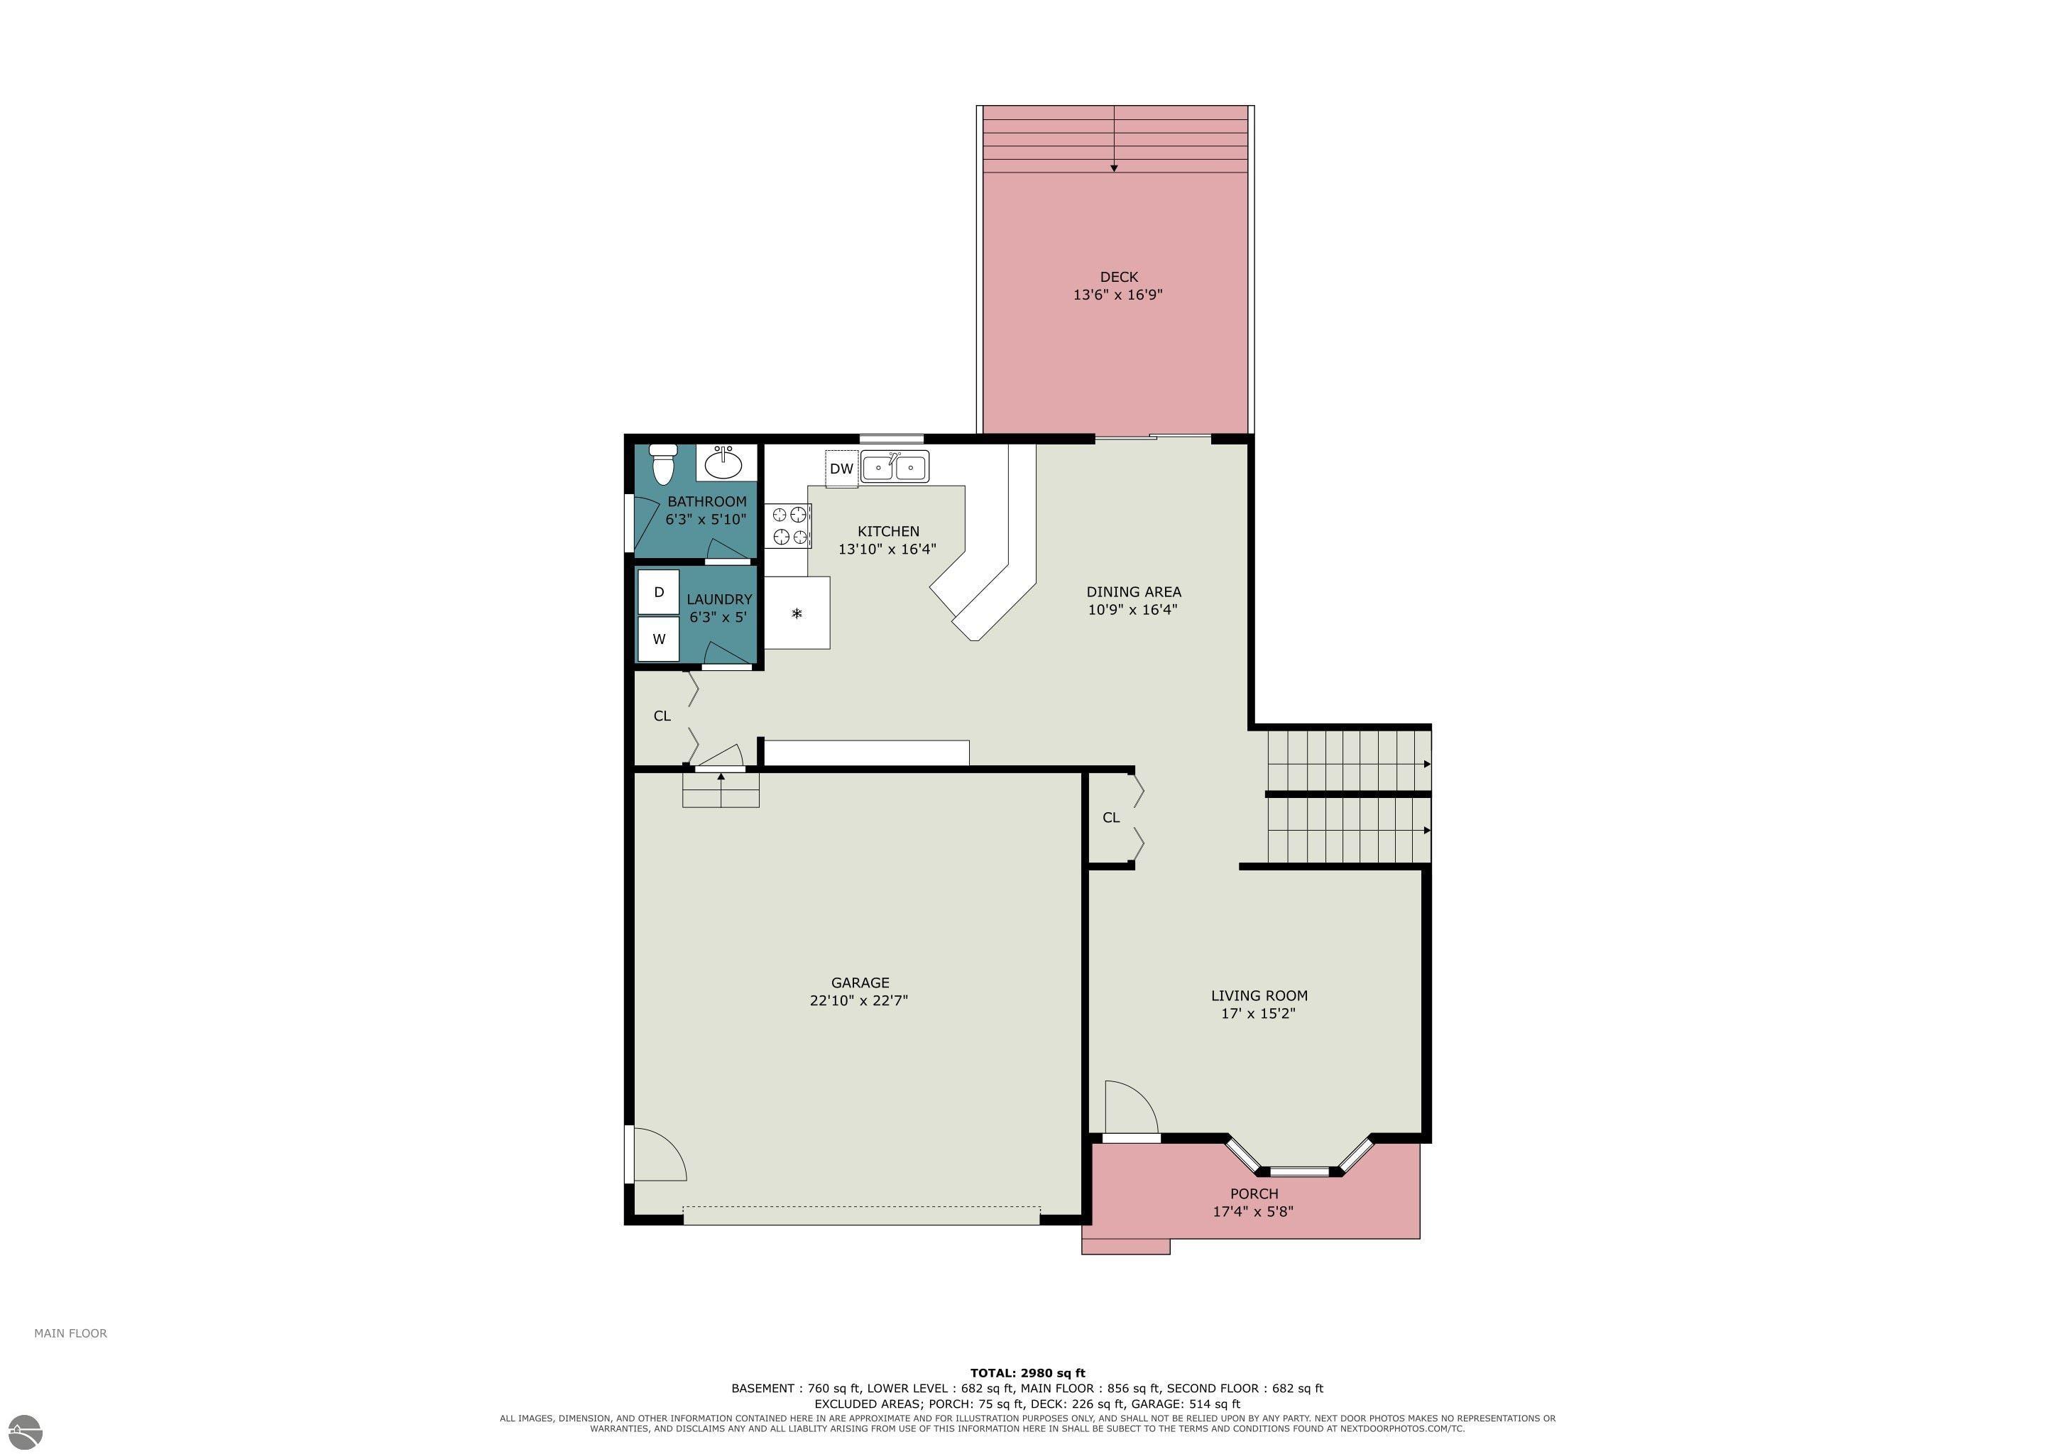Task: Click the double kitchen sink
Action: [895, 466]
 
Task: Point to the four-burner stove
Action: [788, 525]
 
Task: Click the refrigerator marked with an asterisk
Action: [797, 613]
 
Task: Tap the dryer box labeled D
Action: [658, 592]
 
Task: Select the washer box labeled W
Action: [658, 639]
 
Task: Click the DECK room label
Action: [1118, 277]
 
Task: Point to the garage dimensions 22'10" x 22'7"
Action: [859, 1001]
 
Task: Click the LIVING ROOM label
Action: [1259, 995]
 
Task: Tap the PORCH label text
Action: [1254, 1193]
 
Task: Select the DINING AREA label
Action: [1134, 592]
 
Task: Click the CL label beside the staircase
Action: [1111, 817]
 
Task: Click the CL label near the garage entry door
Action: [662, 716]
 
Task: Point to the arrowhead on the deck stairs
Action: [1114, 168]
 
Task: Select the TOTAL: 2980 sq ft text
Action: [1027, 1372]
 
